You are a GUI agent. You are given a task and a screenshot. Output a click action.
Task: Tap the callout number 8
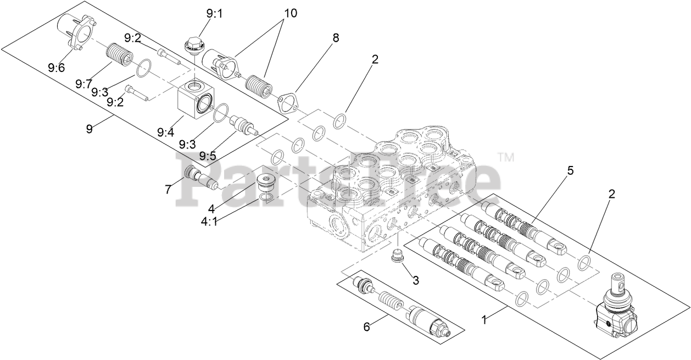coord(336,38)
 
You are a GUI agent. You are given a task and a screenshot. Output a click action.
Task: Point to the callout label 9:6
coord(55,68)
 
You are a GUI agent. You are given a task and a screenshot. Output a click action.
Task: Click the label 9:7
coord(84,84)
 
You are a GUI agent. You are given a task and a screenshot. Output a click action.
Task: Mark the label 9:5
coord(207,156)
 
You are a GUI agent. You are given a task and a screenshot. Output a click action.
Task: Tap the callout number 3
coord(416,280)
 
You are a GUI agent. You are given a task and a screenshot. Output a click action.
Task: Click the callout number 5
coord(570,170)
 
